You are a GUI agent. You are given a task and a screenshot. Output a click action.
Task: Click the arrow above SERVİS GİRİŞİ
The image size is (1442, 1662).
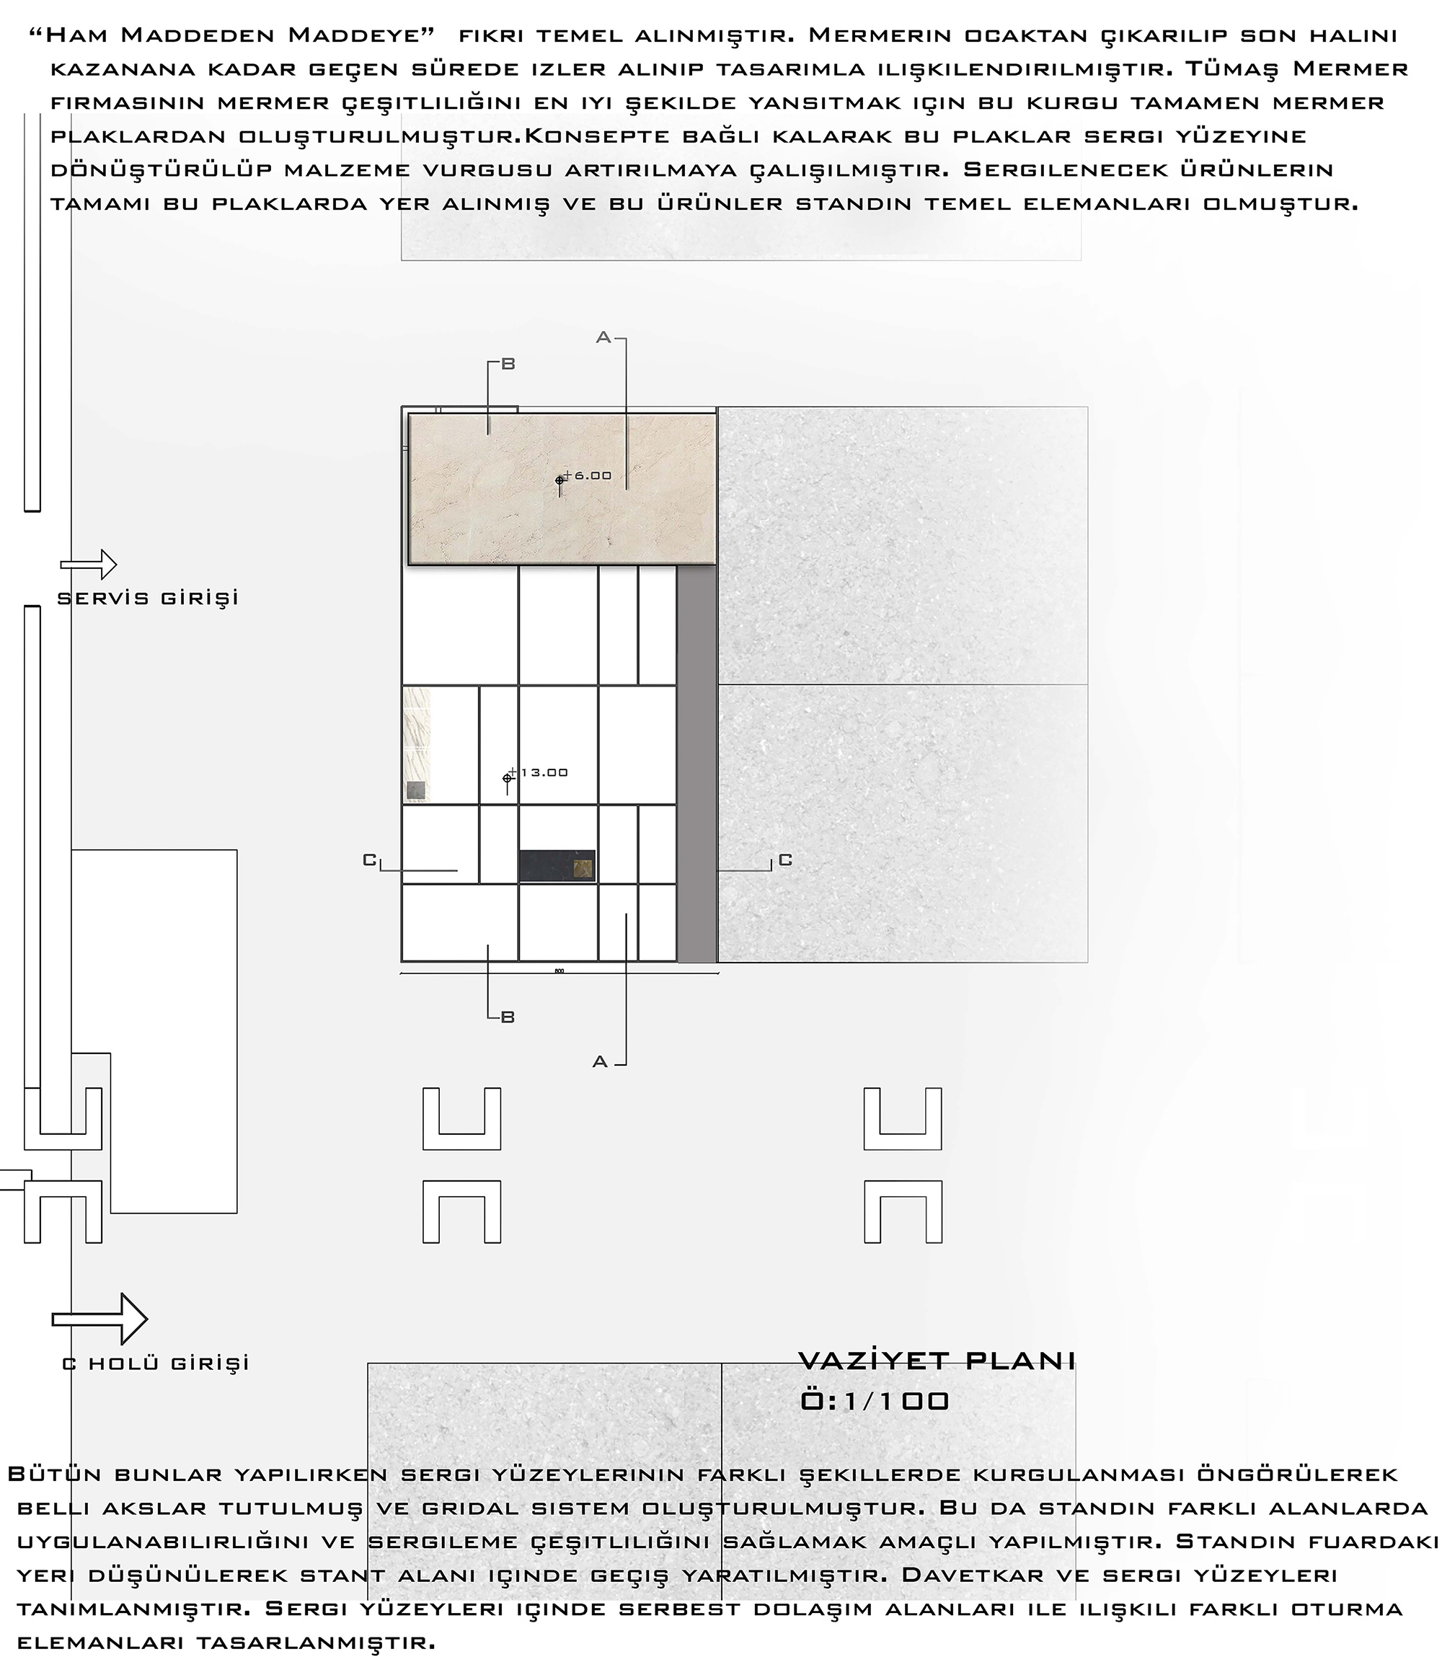pyautogui.click(x=89, y=565)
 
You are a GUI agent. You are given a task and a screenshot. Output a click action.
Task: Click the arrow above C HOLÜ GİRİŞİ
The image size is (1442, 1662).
pyautogui.click(x=99, y=1319)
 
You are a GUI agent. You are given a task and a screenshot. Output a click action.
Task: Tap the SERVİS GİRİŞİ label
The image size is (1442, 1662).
pyautogui.click(x=148, y=598)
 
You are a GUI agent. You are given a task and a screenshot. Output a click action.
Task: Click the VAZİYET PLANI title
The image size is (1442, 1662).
pyautogui.click(x=937, y=1360)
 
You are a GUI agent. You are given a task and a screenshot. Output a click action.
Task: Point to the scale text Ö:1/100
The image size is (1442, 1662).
pyautogui.click(x=875, y=1401)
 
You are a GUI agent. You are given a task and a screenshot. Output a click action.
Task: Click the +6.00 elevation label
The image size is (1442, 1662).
pyautogui.click(x=588, y=476)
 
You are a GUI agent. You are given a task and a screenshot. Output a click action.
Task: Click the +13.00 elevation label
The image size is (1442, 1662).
pyautogui.click(x=539, y=773)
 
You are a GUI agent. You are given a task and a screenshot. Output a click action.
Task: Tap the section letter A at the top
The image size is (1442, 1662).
pyautogui.click(x=603, y=338)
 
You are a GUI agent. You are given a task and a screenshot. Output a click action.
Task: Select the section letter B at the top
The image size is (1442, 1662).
pyautogui.click(x=508, y=364)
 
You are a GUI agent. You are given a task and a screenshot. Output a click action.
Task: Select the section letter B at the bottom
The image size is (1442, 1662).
pyautogui.click(x=508, y=1017)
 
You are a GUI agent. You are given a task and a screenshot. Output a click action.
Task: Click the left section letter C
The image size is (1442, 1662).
pyautogui.click(x=369, y=860)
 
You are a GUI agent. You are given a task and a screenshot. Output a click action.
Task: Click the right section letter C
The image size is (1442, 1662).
pyautogui.click(x=785, y=860)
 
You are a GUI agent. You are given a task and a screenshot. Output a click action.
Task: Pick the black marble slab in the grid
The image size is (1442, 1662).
pyautogui.click(x=557, y=866)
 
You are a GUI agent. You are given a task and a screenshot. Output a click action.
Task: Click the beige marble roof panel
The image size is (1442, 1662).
pyautogui.click(x=562, y=489)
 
